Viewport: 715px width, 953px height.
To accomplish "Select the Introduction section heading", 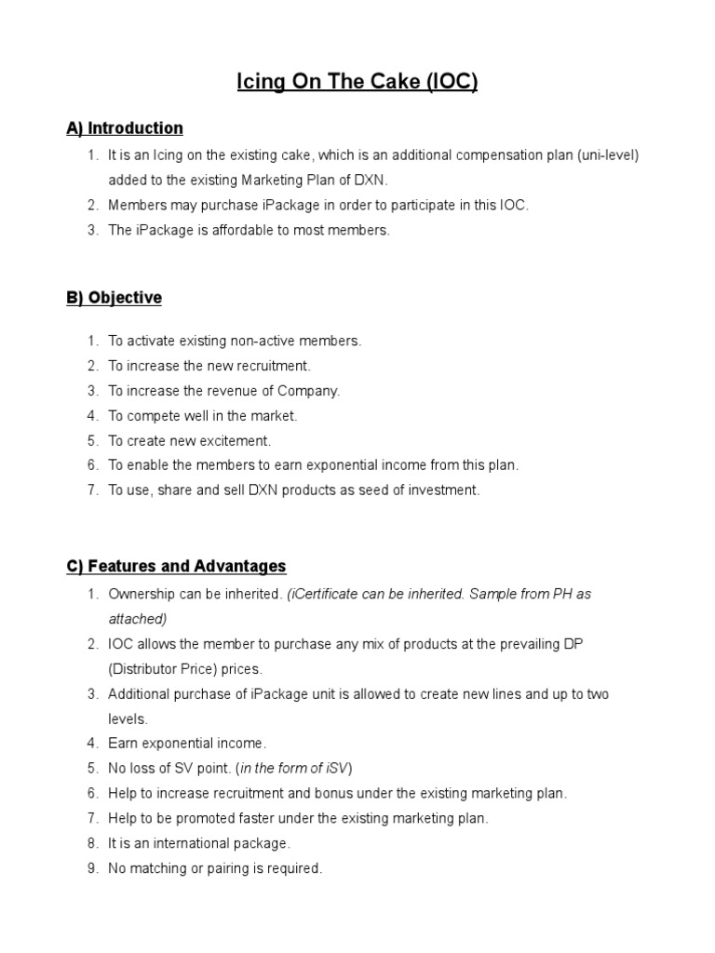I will click(x=124, y=128).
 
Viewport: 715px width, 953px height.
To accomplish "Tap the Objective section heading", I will click(x=114, y=298).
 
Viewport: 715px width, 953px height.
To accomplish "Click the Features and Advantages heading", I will click(x=176, y=566).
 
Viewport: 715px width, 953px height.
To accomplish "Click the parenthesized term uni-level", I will click(x=607, y=155).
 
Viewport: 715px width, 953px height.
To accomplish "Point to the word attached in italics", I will click(x=137, y=619).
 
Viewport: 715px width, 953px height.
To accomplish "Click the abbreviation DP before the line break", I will click(x=573, y=644).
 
